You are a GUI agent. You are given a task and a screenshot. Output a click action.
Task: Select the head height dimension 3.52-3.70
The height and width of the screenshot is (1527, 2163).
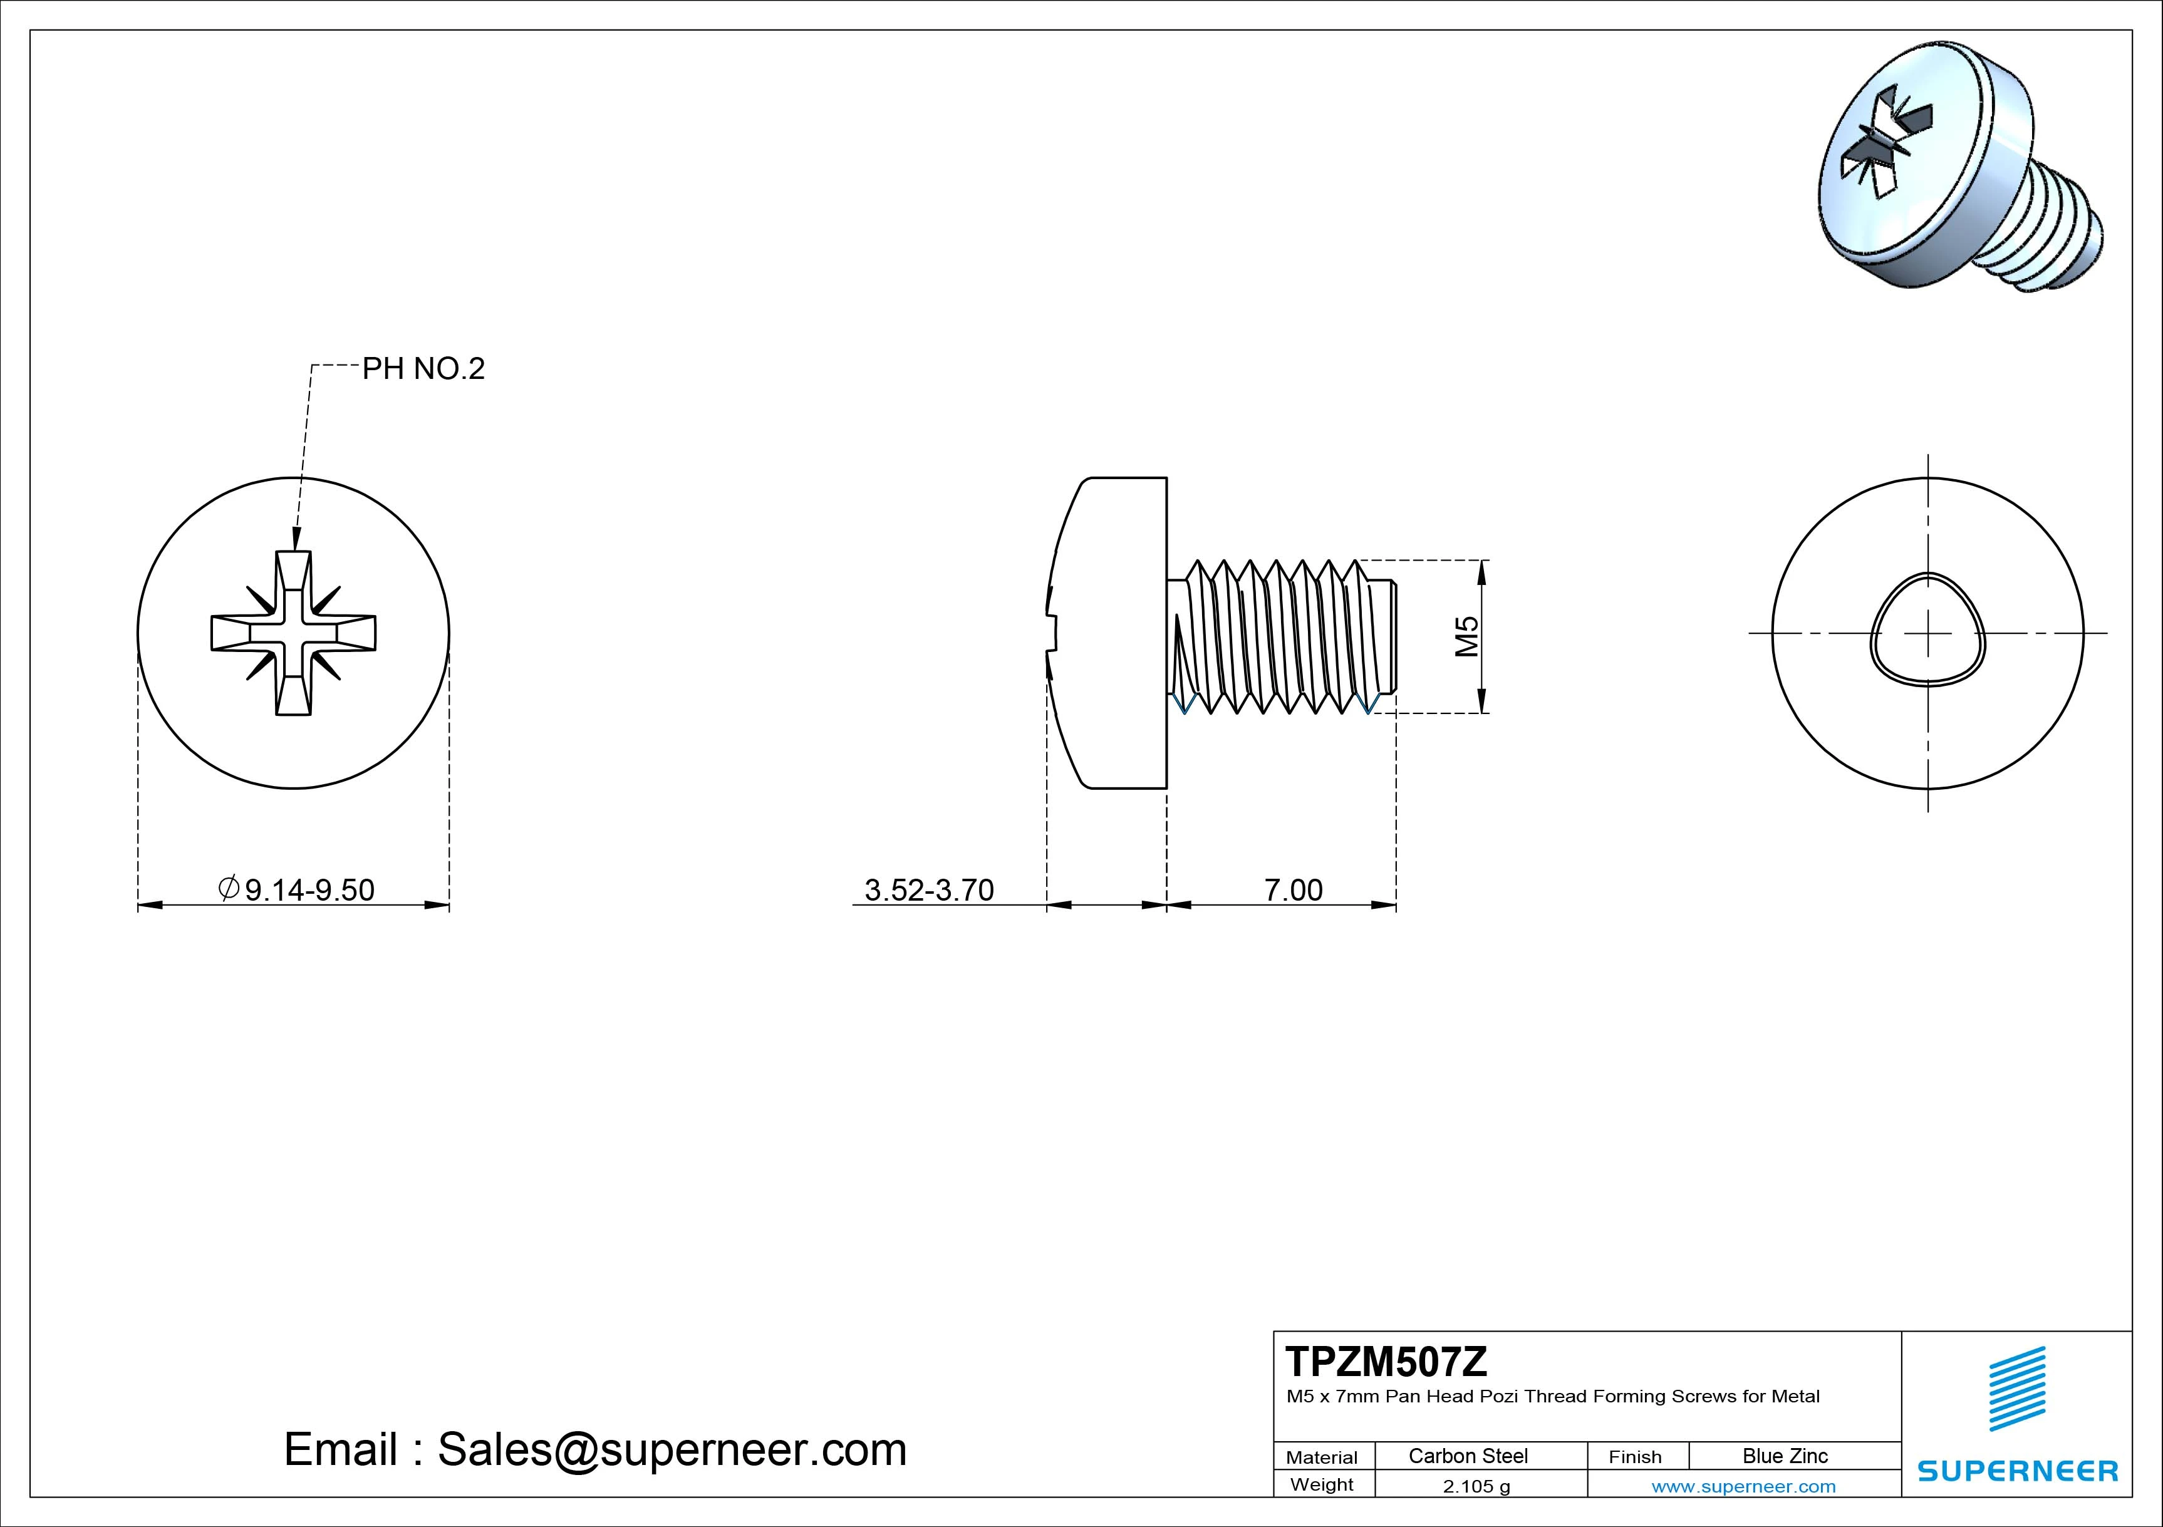pos(929,889)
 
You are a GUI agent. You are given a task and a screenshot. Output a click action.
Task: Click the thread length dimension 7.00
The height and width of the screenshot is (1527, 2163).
pos(1292,889)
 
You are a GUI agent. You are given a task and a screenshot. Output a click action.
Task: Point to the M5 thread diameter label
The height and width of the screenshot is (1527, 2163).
pos(1468,637)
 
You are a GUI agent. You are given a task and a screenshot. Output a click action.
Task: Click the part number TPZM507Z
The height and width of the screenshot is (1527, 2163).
pos(1386,1362)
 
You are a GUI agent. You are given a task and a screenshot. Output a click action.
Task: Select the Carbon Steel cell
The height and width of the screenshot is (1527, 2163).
pos(1468,1456)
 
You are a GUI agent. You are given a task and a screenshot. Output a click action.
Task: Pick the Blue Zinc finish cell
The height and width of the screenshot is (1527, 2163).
pos(1785,1456)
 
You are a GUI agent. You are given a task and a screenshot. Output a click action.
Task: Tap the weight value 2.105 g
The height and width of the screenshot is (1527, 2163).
pos(1476,1486)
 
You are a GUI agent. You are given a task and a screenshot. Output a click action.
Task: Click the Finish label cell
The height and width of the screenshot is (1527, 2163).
pos(1636,1456)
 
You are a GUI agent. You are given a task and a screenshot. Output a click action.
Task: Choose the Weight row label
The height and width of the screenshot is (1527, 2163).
pos(1322,1484)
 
